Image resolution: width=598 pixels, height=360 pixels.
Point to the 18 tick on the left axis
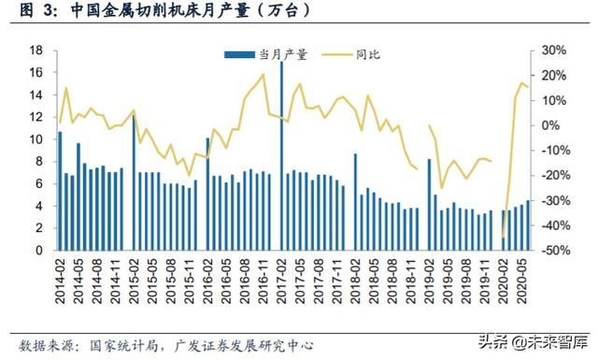point(36,50)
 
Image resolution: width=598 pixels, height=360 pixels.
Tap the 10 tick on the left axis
point(36,139)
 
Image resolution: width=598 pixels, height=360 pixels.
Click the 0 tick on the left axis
point(40,251)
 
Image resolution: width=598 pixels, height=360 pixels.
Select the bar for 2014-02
point(61,191)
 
